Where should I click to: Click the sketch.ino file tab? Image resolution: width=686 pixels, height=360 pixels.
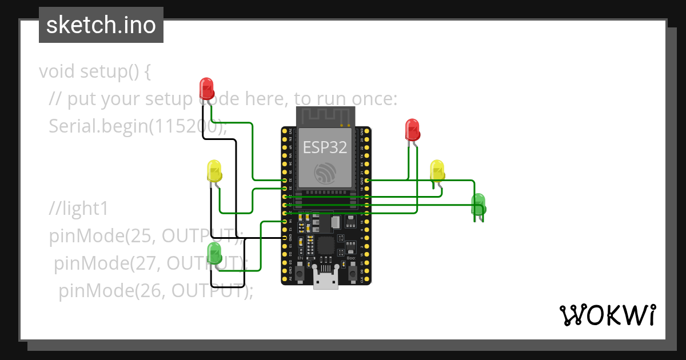(x=101, y=25)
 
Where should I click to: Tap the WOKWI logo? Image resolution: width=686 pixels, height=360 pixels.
(x=607, y=315)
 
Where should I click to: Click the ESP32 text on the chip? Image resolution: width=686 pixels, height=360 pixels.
(x=325, y=147)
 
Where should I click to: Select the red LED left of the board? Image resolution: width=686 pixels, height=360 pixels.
(x=206, y=89)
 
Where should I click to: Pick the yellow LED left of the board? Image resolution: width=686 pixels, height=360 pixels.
(x=214, y=171)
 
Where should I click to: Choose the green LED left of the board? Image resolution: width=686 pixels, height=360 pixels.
(x=214, y=253)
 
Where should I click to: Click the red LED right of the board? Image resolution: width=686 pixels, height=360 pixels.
(x=412, y=130)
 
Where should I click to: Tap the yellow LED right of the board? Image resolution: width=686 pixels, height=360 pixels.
(x=437, y=170)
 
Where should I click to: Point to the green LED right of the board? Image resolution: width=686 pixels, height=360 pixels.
(x=478, y=204)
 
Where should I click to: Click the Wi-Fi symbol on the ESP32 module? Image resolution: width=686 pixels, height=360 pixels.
(x=325, y=171)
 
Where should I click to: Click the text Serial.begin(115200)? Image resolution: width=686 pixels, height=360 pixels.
(x=138, y=126)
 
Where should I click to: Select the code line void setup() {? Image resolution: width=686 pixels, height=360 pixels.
(x=95, y=72)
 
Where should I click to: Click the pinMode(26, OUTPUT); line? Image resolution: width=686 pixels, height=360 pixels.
(x=155, y=291)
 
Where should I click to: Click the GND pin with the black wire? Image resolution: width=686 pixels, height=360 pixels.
(x=285, y=237)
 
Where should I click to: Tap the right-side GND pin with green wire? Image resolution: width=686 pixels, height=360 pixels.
(x=366, y=180)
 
